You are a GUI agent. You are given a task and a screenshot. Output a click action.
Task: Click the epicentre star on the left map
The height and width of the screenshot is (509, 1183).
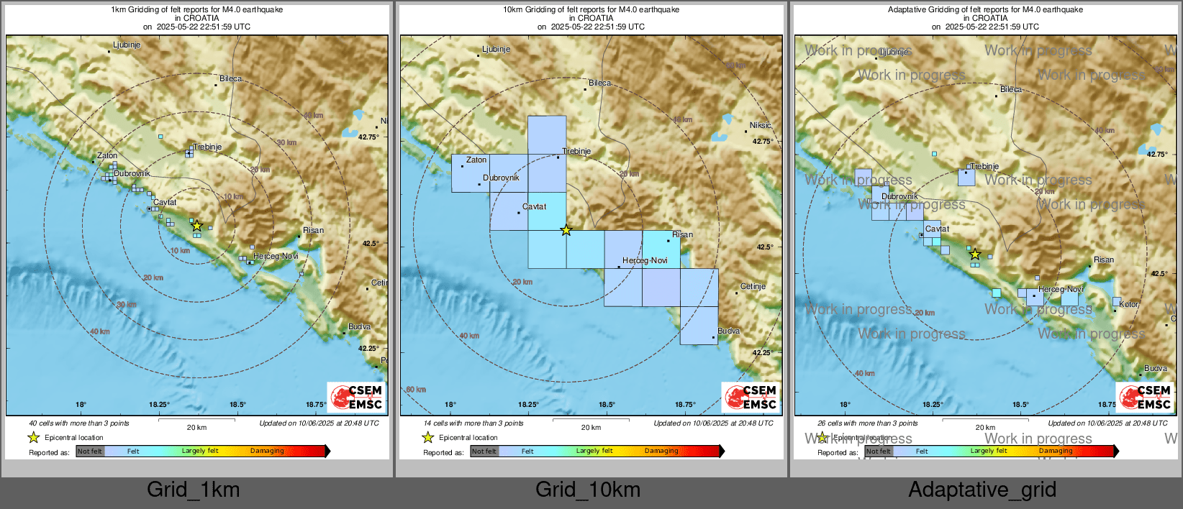point(196,226)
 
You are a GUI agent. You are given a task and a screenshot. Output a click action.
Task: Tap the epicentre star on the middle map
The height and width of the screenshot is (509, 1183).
point(566,230)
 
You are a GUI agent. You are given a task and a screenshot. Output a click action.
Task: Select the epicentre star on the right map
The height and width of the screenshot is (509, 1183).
point(974,254)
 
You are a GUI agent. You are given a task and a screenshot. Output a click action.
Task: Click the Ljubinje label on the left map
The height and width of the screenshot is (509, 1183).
point(127,45)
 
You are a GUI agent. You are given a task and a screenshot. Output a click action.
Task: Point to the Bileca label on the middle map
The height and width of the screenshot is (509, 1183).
point(600,83)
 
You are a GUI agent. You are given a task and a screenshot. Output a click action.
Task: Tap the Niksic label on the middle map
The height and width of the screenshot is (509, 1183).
point(760,125)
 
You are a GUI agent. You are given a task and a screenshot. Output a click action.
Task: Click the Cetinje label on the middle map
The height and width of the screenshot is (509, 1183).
point(753,286)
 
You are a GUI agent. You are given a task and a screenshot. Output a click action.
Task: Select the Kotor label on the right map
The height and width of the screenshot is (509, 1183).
point(1129,304)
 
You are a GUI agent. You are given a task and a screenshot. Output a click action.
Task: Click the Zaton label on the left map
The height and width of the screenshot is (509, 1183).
point(107,155)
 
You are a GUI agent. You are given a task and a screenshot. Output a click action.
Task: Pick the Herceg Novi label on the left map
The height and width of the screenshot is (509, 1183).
point(275,256)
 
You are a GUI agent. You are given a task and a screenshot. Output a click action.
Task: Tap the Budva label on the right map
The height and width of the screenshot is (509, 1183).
point(1156,368)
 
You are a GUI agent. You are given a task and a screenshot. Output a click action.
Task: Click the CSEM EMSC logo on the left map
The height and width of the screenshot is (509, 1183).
point(357,397)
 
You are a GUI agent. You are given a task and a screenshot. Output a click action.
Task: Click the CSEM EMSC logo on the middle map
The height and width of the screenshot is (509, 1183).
point(751,397)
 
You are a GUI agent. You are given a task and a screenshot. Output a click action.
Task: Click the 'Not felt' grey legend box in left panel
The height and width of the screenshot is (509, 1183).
point(90,451)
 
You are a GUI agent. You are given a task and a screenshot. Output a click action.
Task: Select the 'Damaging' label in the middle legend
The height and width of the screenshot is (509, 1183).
point(661,451)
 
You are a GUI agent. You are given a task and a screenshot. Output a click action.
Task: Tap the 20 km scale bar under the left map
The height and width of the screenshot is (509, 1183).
point(196,418)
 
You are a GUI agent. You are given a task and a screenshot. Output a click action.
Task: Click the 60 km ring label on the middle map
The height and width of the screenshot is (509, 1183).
point(416,390)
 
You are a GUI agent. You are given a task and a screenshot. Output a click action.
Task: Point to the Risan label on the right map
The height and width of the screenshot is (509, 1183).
point(1103,260)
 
